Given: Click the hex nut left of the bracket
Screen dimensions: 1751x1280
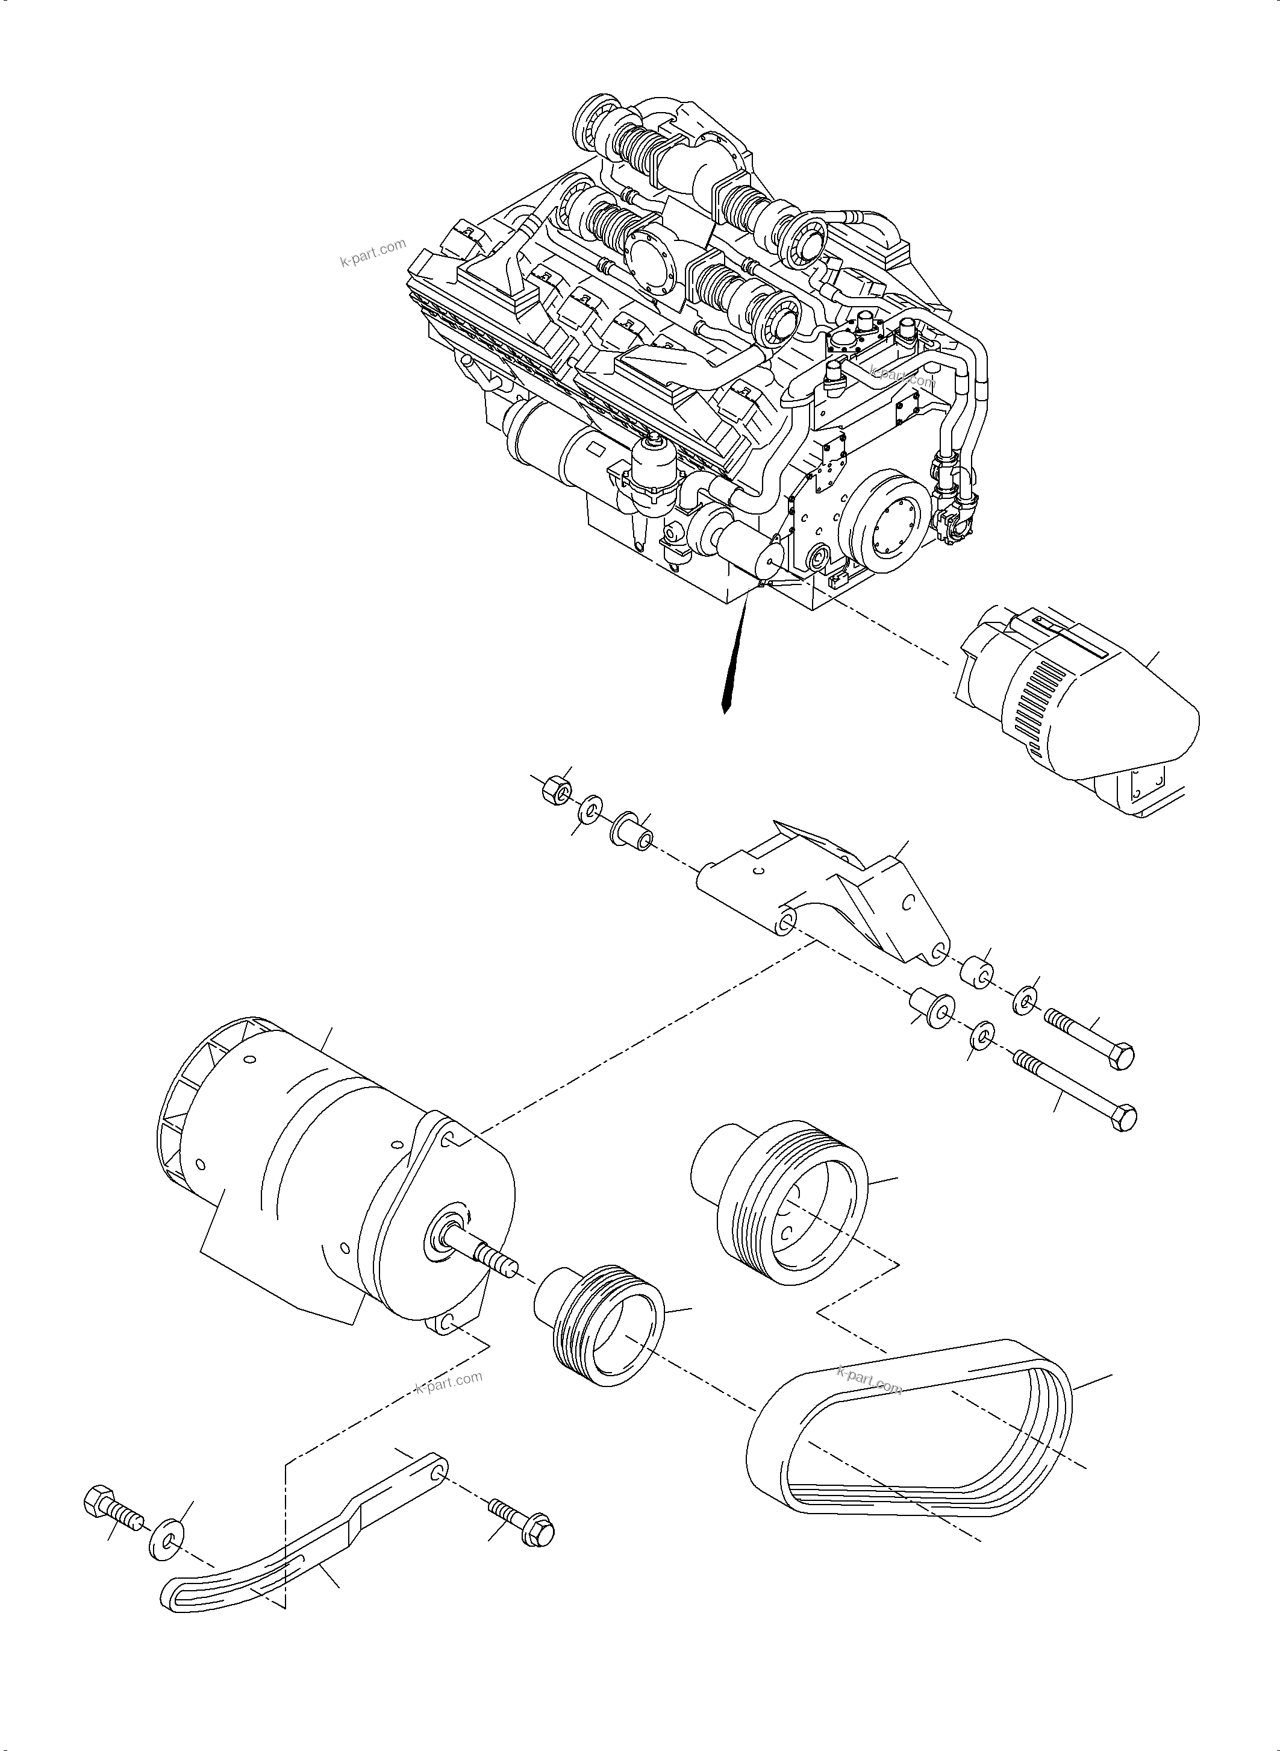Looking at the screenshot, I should (x=555, y=791).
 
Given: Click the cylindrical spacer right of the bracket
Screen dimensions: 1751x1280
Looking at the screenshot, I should (x=976, y=973).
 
